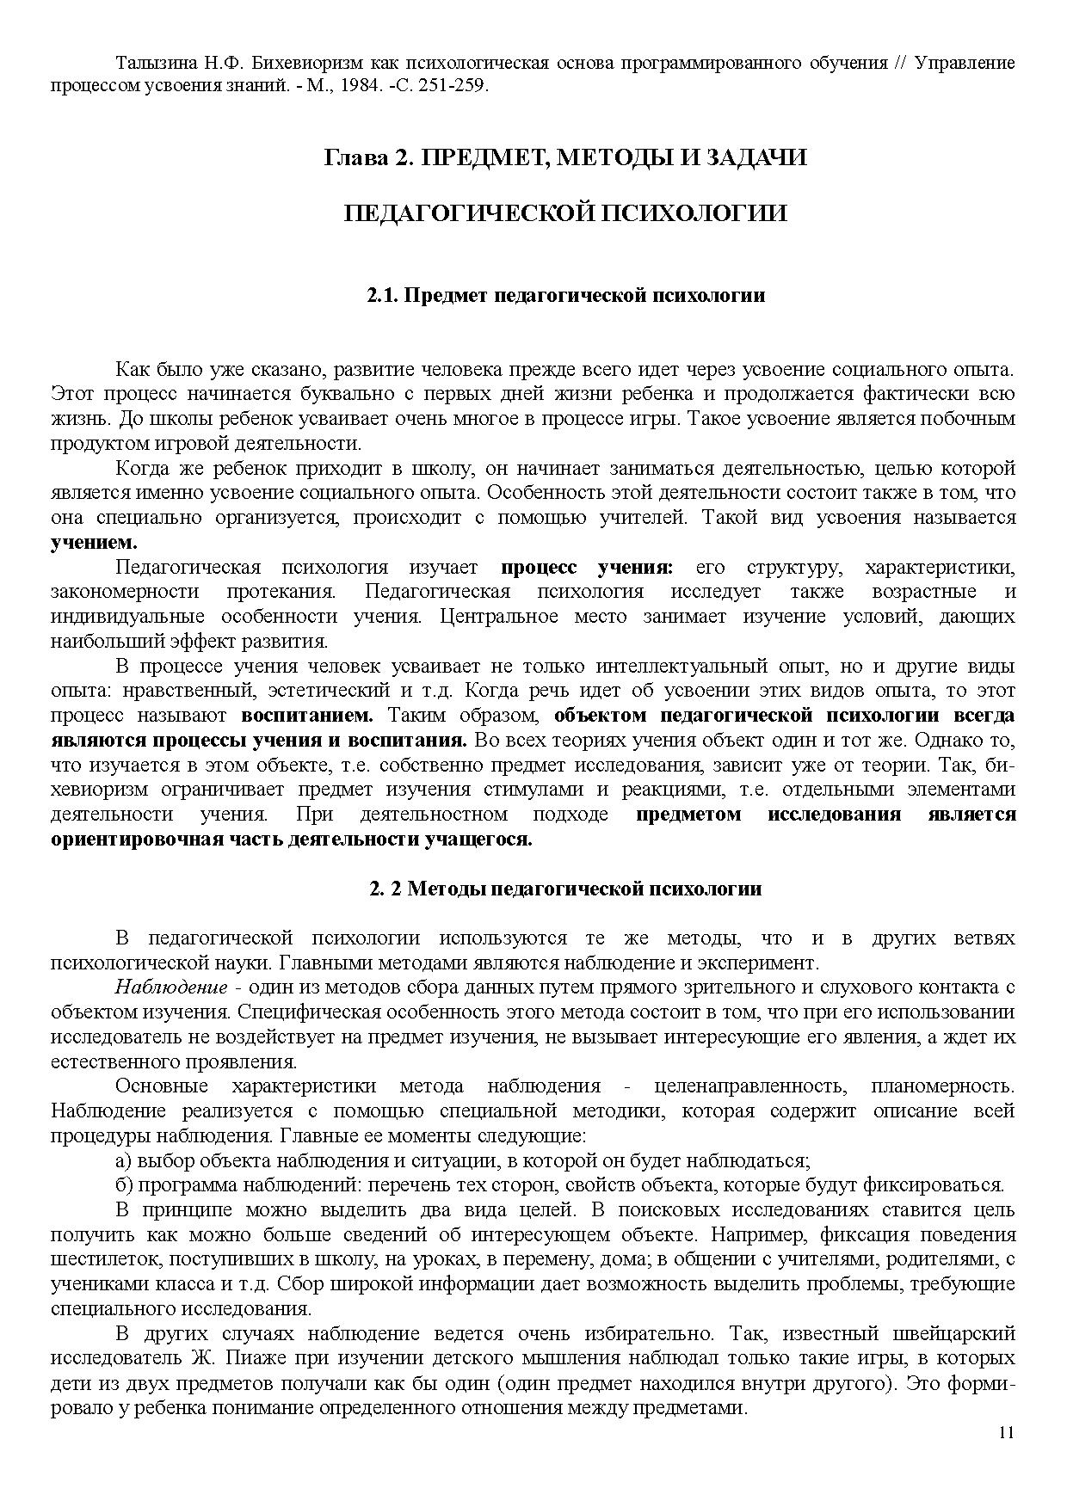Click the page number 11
1007,1433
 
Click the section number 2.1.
380,296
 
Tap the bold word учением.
94,543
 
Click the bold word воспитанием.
307,716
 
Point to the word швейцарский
960,1334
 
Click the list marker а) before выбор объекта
124,1160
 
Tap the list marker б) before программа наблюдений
124,1185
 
